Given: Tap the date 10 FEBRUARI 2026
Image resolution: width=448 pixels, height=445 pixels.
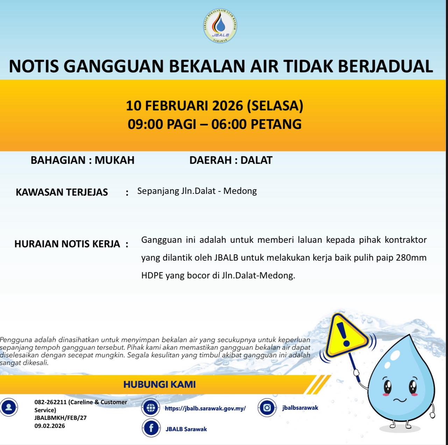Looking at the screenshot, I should point(184,105).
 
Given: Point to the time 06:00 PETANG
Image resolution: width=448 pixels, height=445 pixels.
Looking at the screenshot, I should point(256,124).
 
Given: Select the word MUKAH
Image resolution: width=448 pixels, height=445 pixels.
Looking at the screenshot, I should point(115,160).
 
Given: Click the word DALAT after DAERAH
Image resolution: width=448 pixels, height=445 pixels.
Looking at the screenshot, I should point(256,160).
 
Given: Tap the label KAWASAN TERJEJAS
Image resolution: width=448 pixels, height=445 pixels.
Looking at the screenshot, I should point(62,192).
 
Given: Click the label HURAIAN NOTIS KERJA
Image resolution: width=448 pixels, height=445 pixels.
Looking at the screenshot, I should point(67,244).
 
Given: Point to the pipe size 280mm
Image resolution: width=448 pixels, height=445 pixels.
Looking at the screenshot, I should point(411,258).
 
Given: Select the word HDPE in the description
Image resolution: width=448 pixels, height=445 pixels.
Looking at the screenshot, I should point(152,276).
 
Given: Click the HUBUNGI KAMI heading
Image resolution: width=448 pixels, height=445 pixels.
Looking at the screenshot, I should point(159,385).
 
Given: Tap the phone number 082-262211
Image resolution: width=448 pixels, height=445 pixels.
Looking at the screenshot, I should point(50,402).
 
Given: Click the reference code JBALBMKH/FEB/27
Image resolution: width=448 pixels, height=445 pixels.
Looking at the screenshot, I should point(61,418).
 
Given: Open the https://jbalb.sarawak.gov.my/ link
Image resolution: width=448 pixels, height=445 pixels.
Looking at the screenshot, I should point(205,408).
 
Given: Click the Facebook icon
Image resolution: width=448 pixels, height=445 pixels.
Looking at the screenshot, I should point(151,428).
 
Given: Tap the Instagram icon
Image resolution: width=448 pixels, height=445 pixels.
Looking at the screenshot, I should point(267,408).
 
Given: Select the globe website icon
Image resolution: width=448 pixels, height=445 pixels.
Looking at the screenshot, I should point(151,408).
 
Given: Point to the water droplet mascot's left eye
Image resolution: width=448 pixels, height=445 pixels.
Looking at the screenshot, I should point(388,386).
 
